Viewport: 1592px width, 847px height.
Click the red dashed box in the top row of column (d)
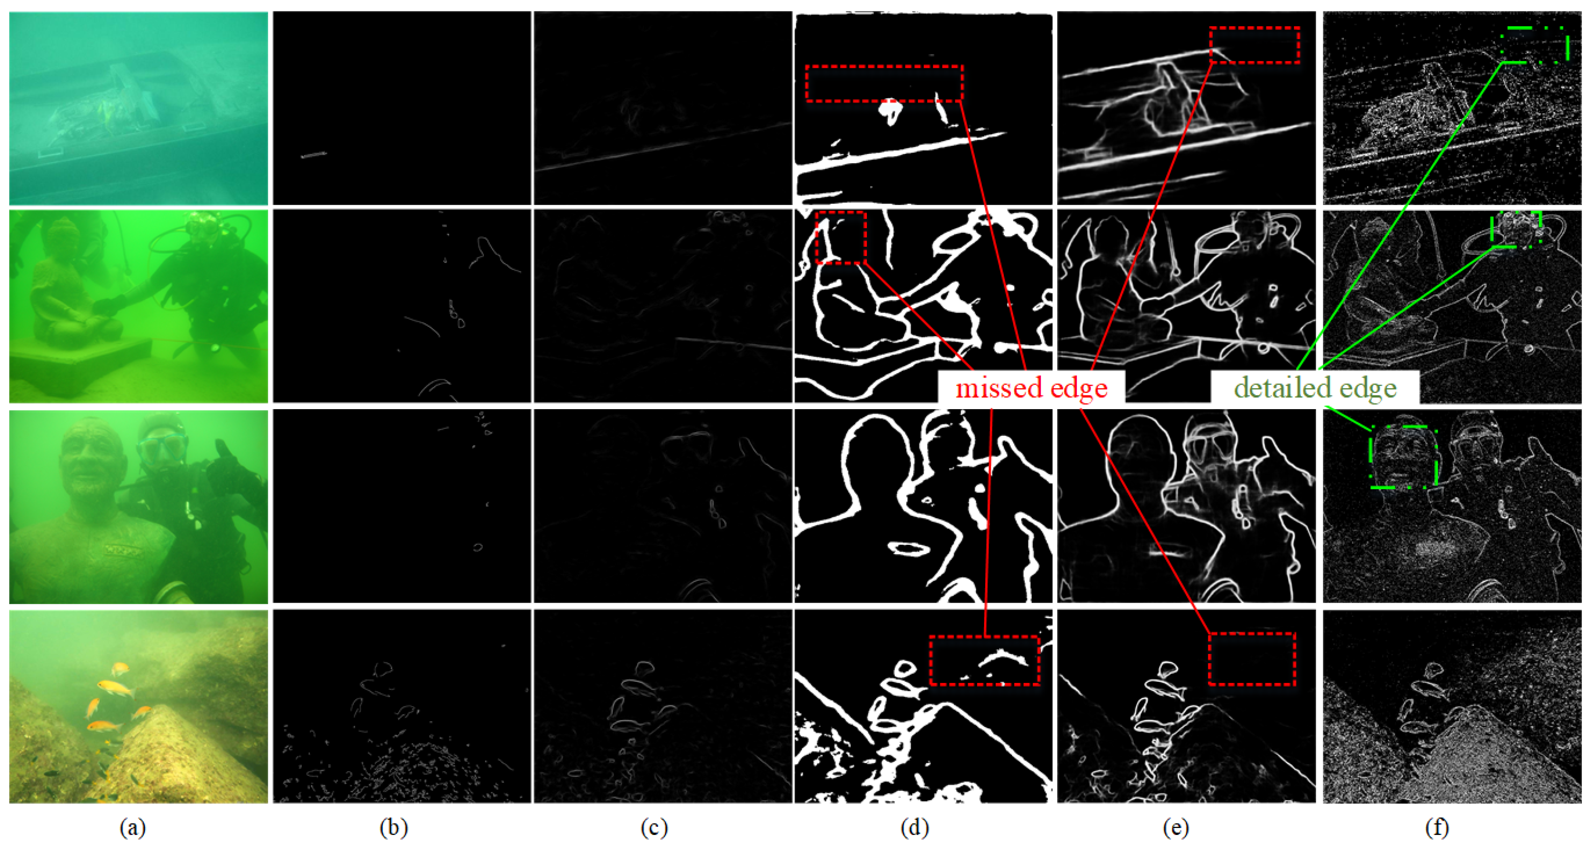884,65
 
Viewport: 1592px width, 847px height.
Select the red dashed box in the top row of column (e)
1255,28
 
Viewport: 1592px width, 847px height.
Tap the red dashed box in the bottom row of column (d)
984,637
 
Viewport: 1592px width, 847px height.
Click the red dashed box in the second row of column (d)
841,212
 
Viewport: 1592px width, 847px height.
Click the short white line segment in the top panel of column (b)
313,155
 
